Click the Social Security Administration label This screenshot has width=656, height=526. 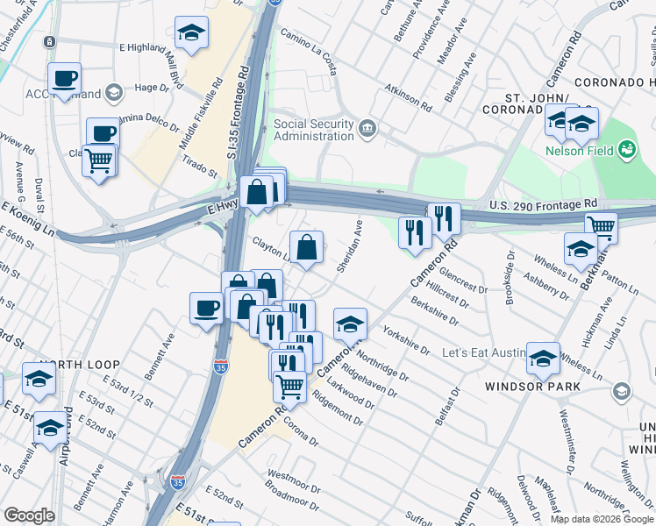coord(313,130)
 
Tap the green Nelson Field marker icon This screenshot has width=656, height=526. coord(626,150)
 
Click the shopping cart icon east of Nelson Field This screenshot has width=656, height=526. coord(601,226)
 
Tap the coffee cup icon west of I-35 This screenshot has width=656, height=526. coord(207,307)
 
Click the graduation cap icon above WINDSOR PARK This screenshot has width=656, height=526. coord(543,357)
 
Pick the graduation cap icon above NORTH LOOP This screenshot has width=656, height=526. coord(39,378)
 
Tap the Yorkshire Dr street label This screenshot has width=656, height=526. coord(406,340)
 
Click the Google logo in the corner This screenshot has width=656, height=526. coord(30,515)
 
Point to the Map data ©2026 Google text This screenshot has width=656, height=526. coord(601,519)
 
